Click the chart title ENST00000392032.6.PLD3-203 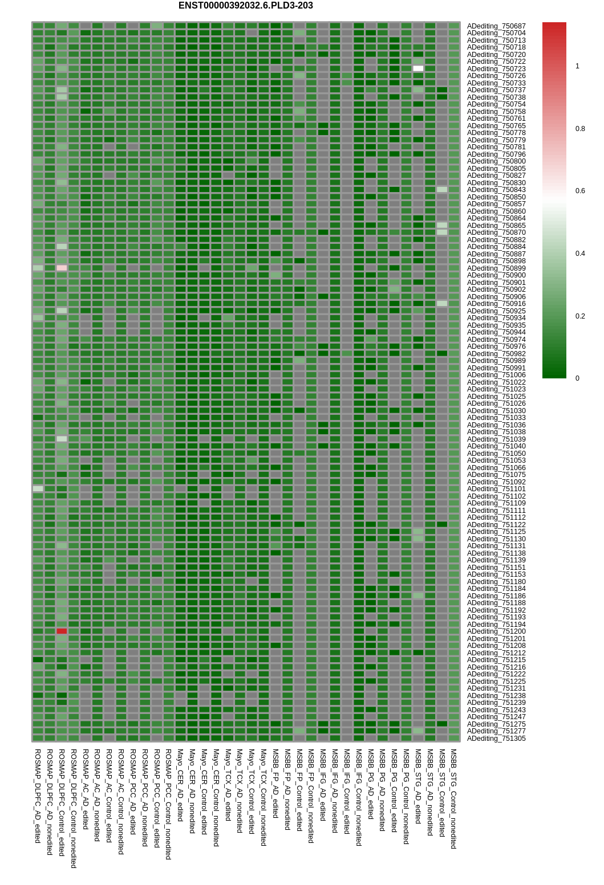point(245,6)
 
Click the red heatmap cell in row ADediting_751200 point(62,631)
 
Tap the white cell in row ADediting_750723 point(418,68)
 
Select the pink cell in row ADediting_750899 point(62,268)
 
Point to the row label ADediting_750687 point(496,26)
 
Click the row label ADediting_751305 point(496,739)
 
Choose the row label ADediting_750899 point(496,268)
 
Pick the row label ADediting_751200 point(496,631)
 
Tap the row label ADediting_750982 point(496,354)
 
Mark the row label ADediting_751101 point(496,489)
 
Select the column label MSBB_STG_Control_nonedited point(453,799)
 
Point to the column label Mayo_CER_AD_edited point(180,785)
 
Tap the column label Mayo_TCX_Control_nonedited point(264,797)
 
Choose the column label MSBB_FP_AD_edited point(275,784)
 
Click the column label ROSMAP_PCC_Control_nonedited point(168,804)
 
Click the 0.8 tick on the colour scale point(580,129)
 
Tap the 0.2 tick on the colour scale point(580,316)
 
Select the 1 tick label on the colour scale point(577,66)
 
